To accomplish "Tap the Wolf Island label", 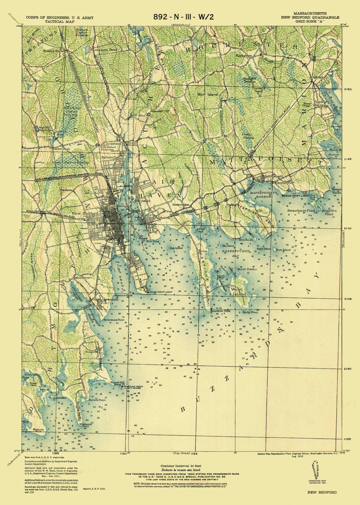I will tap(207, 94).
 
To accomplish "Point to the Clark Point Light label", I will tap(161, 292).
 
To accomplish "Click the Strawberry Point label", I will tap(301, 211).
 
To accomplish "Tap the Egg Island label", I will tap(176, 248).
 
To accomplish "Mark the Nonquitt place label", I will tap(91, 351).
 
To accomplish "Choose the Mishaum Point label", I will tap(86, 425).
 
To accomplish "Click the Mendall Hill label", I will tap(161, 111).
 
